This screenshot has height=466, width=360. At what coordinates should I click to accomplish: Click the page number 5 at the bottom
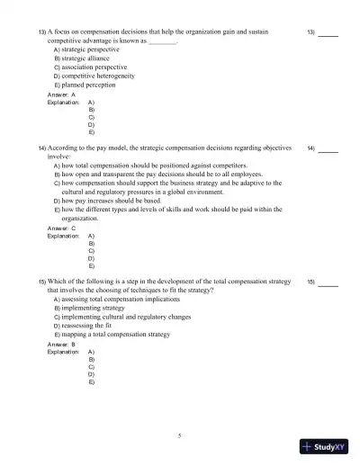tap(180, 435)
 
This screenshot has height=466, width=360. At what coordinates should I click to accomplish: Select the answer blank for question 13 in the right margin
tap(328, 33)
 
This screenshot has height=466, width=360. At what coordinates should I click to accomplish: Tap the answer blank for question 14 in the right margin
tap(328, 148)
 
